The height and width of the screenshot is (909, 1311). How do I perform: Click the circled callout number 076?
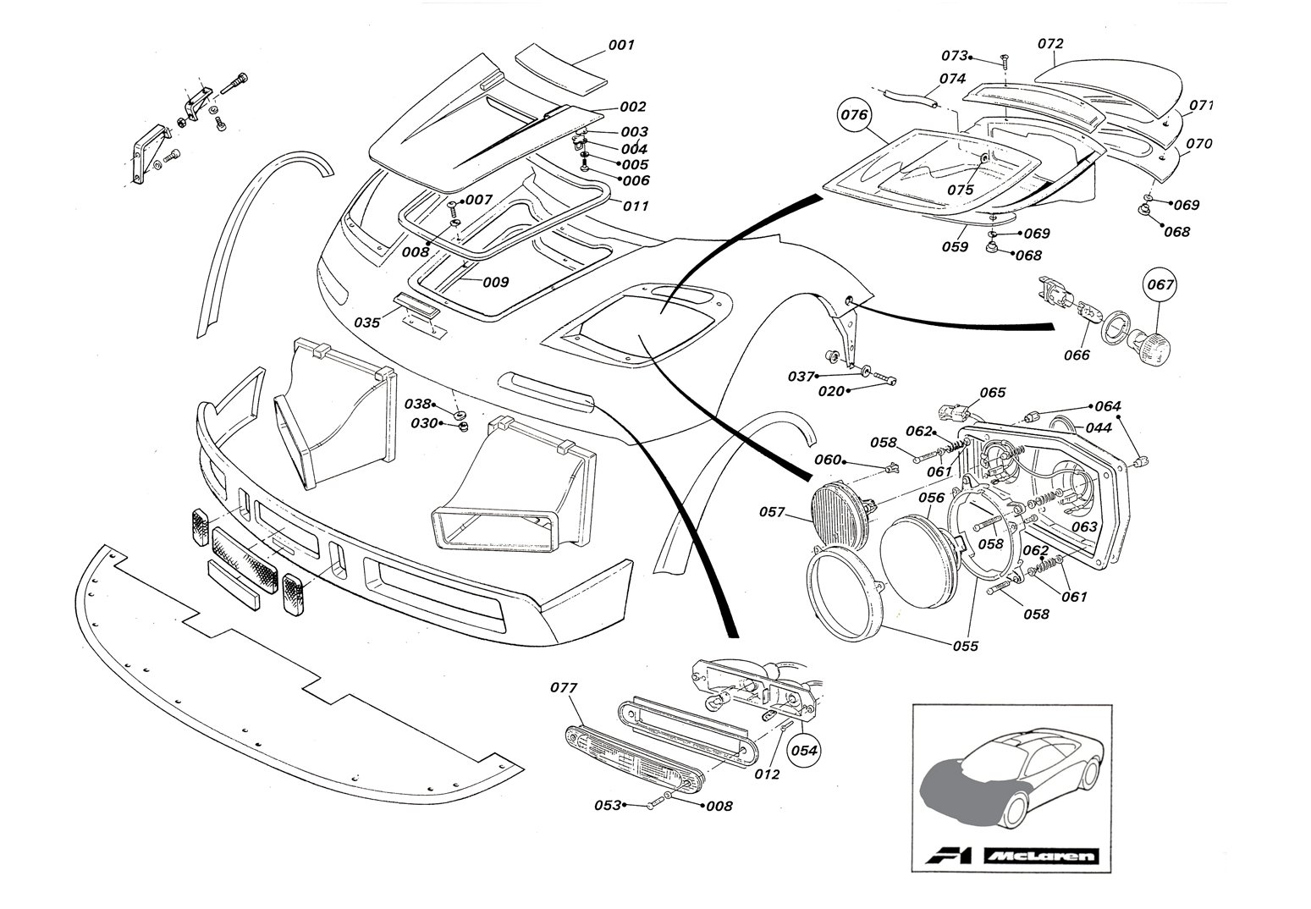(854, 116)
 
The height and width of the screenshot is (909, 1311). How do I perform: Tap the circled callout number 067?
(1160, 285)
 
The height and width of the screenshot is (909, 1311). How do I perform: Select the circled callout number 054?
(805, 749)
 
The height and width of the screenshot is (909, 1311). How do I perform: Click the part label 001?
(620, 45)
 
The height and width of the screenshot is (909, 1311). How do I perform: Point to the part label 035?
(367, 322)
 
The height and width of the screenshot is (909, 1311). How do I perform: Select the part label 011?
(636, 206)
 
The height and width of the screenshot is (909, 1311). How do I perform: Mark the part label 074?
(952, 79)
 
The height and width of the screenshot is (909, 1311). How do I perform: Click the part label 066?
(1077, 355)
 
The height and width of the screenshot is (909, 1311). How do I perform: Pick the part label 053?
(607, 804)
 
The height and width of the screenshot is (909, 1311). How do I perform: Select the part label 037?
(801, 376)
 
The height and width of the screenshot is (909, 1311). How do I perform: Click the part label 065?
(993, 393)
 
